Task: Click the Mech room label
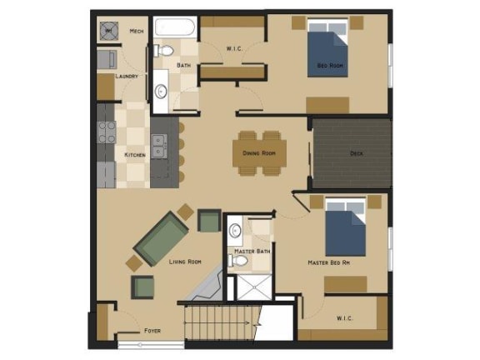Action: click(x=137, y=32)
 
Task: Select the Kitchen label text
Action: click(x=135, y=155)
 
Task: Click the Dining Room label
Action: click(x=259, y=152)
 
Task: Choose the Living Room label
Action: click(x=185, y=262)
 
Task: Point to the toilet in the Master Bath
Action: click(x=239, y=261)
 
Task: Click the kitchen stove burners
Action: click(x=107, y=132)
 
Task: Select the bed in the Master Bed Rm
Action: click(x=343, y=226)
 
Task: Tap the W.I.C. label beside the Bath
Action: click(x=234, y=49)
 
